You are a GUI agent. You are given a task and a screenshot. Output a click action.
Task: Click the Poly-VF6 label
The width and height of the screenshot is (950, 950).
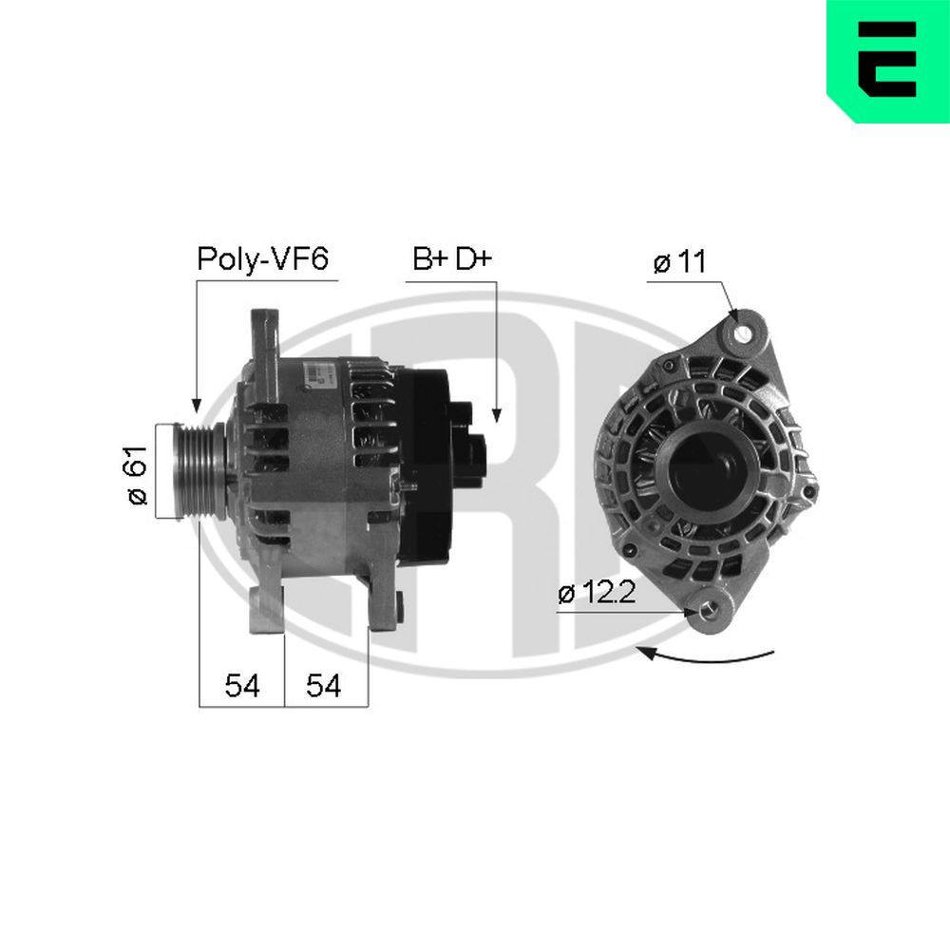pyautogui.click(x=261, y=259)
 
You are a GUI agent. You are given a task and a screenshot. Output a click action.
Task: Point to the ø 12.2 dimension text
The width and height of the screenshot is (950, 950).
pyautogui.click(x=596, y=594)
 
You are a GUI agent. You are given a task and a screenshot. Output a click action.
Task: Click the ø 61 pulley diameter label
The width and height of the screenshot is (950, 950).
pyautogui.click(x=138, y=475)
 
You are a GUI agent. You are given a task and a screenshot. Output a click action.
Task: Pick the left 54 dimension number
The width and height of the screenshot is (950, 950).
pyautogui.click(x=242, y=686)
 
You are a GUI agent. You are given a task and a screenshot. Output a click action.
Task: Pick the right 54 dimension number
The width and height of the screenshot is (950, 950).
pyautogui.click(x=324, y=686)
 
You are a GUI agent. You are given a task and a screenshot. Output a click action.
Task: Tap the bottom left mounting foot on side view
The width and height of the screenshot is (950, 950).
pyautogui.click(x=267, y=608)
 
